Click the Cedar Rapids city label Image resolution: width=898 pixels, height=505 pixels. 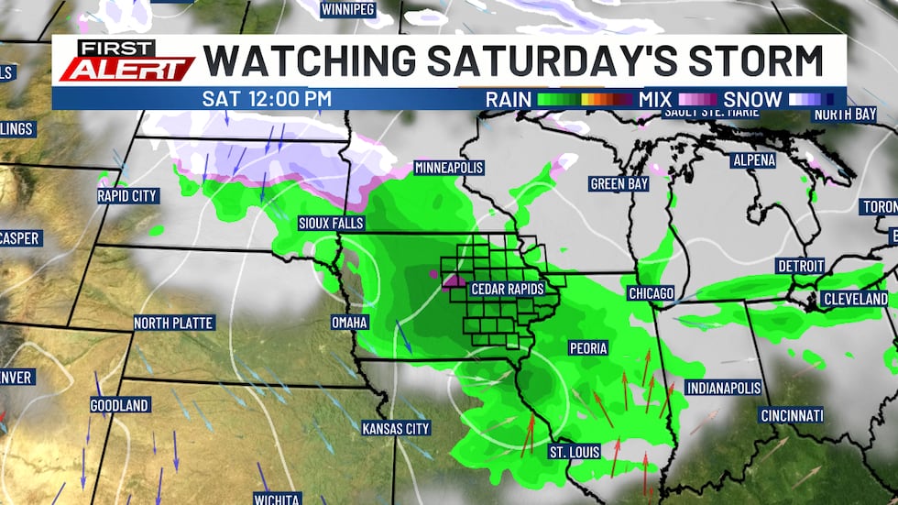(507, 289)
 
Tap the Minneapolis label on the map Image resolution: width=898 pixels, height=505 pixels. (449, 168)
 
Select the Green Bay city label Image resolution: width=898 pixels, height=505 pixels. (619, 183)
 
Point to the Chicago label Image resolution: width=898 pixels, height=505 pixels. (652, 293)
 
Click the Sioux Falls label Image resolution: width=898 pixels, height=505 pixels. (331, 223)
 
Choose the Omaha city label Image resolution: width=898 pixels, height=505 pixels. (350, 322)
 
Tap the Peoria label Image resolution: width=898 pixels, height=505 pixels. (588, 348)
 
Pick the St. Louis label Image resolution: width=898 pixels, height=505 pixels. (574, 452)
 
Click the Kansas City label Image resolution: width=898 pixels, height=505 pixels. (396, 428)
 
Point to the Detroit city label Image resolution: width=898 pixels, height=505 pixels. (801, 266)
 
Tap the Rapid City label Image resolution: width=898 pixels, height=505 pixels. (127, 195)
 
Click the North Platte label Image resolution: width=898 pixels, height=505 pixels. (173, 323)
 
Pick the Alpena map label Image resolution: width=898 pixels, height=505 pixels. (753, 160)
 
